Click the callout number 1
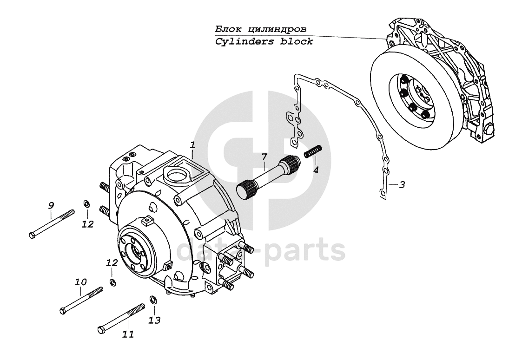click(193, 145)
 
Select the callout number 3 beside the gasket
click(402, 185)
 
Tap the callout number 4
click(316, 170)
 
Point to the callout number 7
click(264, 157)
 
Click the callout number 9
click(51, 205)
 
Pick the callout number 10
click(80, 282)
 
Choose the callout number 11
click(128, 334)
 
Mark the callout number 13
click(155, 320)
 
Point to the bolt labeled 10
click(81, 301)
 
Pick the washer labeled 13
click(153, 300)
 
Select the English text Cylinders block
click(264, 41)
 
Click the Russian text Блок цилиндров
click(261, 29)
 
